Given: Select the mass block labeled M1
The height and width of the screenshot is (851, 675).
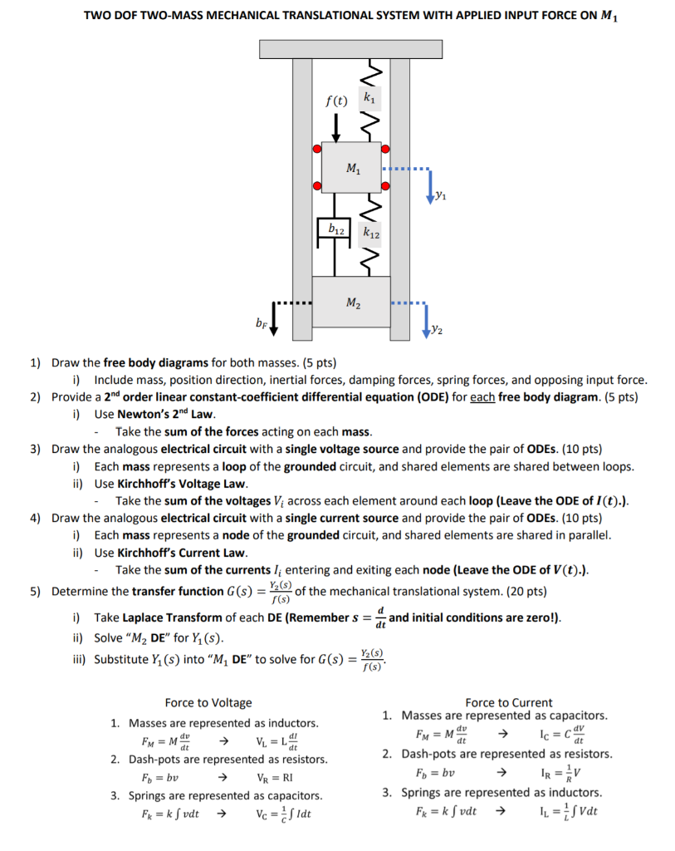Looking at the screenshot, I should pos(352,170).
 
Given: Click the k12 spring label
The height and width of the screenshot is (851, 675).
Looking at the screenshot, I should pos(371,235).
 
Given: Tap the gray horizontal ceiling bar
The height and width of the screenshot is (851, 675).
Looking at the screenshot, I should pos(350,49).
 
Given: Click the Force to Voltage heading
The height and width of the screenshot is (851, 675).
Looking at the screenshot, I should pos(208,703).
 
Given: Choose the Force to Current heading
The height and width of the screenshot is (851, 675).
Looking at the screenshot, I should pos(508,702).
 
